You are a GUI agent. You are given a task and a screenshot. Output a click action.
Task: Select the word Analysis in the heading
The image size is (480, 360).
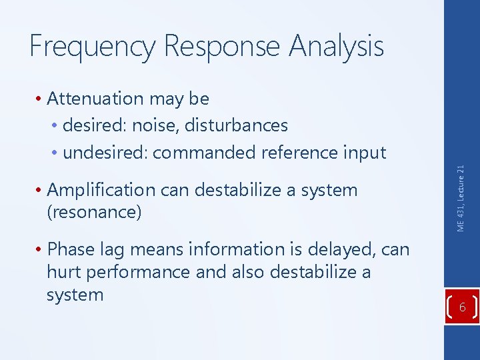tap(336, 47)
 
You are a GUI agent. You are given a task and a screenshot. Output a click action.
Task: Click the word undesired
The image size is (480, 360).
tap(105, 153)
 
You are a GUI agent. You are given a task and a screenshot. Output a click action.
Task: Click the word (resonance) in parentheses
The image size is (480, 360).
tap(94, 213)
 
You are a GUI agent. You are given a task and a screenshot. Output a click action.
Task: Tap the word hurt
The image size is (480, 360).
tap(61, 272)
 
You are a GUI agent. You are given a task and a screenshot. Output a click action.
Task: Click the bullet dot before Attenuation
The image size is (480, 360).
tap(41, 99)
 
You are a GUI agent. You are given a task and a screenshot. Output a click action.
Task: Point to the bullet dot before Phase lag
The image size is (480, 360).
tap(41, 250)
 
